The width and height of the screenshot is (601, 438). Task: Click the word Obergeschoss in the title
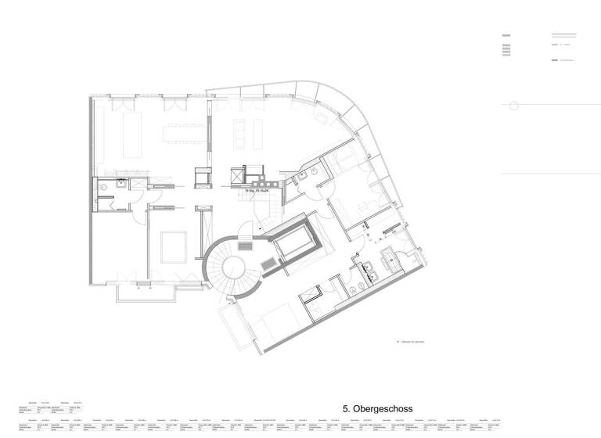(x=383, y=408)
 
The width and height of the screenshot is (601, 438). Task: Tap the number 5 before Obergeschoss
(x=345, y=408)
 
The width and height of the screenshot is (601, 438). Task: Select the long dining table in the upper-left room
(x=182, y=128)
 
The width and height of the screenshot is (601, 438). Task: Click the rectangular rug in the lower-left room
(x=174, y=248)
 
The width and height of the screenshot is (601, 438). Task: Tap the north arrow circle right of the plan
(x=513, y=106)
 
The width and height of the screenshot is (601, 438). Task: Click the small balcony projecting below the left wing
(x=144, y=293)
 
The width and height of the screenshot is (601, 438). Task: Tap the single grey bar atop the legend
(x=506, y=35)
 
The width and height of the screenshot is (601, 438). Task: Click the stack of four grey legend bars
(x=506, y=50)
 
